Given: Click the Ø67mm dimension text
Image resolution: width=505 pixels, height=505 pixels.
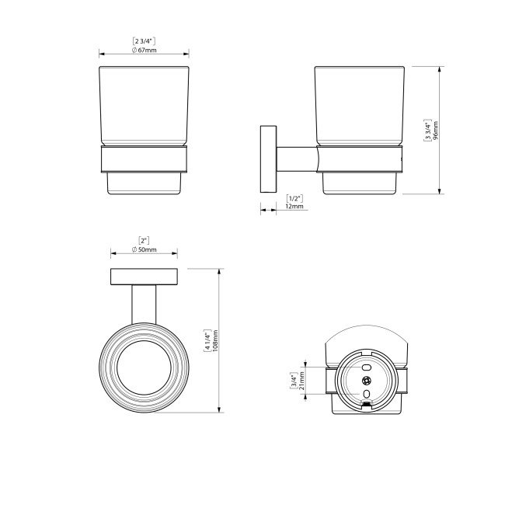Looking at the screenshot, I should click(x=144, y=50).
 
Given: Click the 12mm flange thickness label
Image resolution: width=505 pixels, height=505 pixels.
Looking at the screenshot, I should click(x=295, y=208).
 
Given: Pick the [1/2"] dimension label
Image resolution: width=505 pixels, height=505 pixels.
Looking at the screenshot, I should click(x=295, y=199).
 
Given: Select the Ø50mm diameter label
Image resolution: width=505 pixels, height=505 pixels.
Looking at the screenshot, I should click(x=144, y=249).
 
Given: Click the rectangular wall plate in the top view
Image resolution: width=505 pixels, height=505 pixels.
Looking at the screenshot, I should click(x=144, y=277).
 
